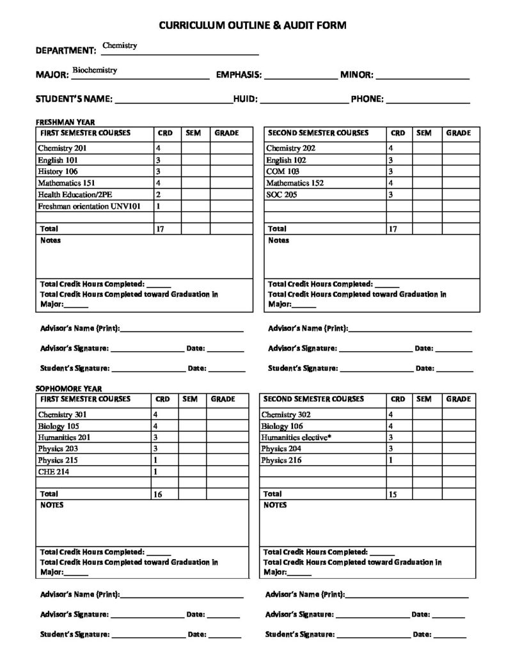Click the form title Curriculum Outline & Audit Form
pyautogui.click(x=253, y=25)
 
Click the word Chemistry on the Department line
pyautogui.click(x=120, y=46)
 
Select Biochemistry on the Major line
pyautogui.click(x=94, y=70)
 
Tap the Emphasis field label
pyautogui.click(x=239, y=75)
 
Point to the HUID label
pyautogui.click(x=245, y=99)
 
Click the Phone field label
pyautogui.click(x=367, y=99)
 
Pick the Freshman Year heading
pyautogui.click(x=65, y=122)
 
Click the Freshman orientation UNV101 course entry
pyautogui.click(x=89, y=206)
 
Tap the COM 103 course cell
pyautogui.click(x=281, y=171)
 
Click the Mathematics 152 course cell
pyautogui.click(x=295, y=183)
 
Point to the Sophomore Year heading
pyautogui.click(x=68, y=388)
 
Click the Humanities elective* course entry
pyautogui.click(x=296, y=437)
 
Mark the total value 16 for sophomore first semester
pyautogui.click(x=157, y=494)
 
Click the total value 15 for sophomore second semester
pyautogui.click(x=393, y=494)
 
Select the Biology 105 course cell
pyautogui.click(x=58, y=425)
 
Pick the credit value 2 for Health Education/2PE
pyautogui.click(x=158, y=194)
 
